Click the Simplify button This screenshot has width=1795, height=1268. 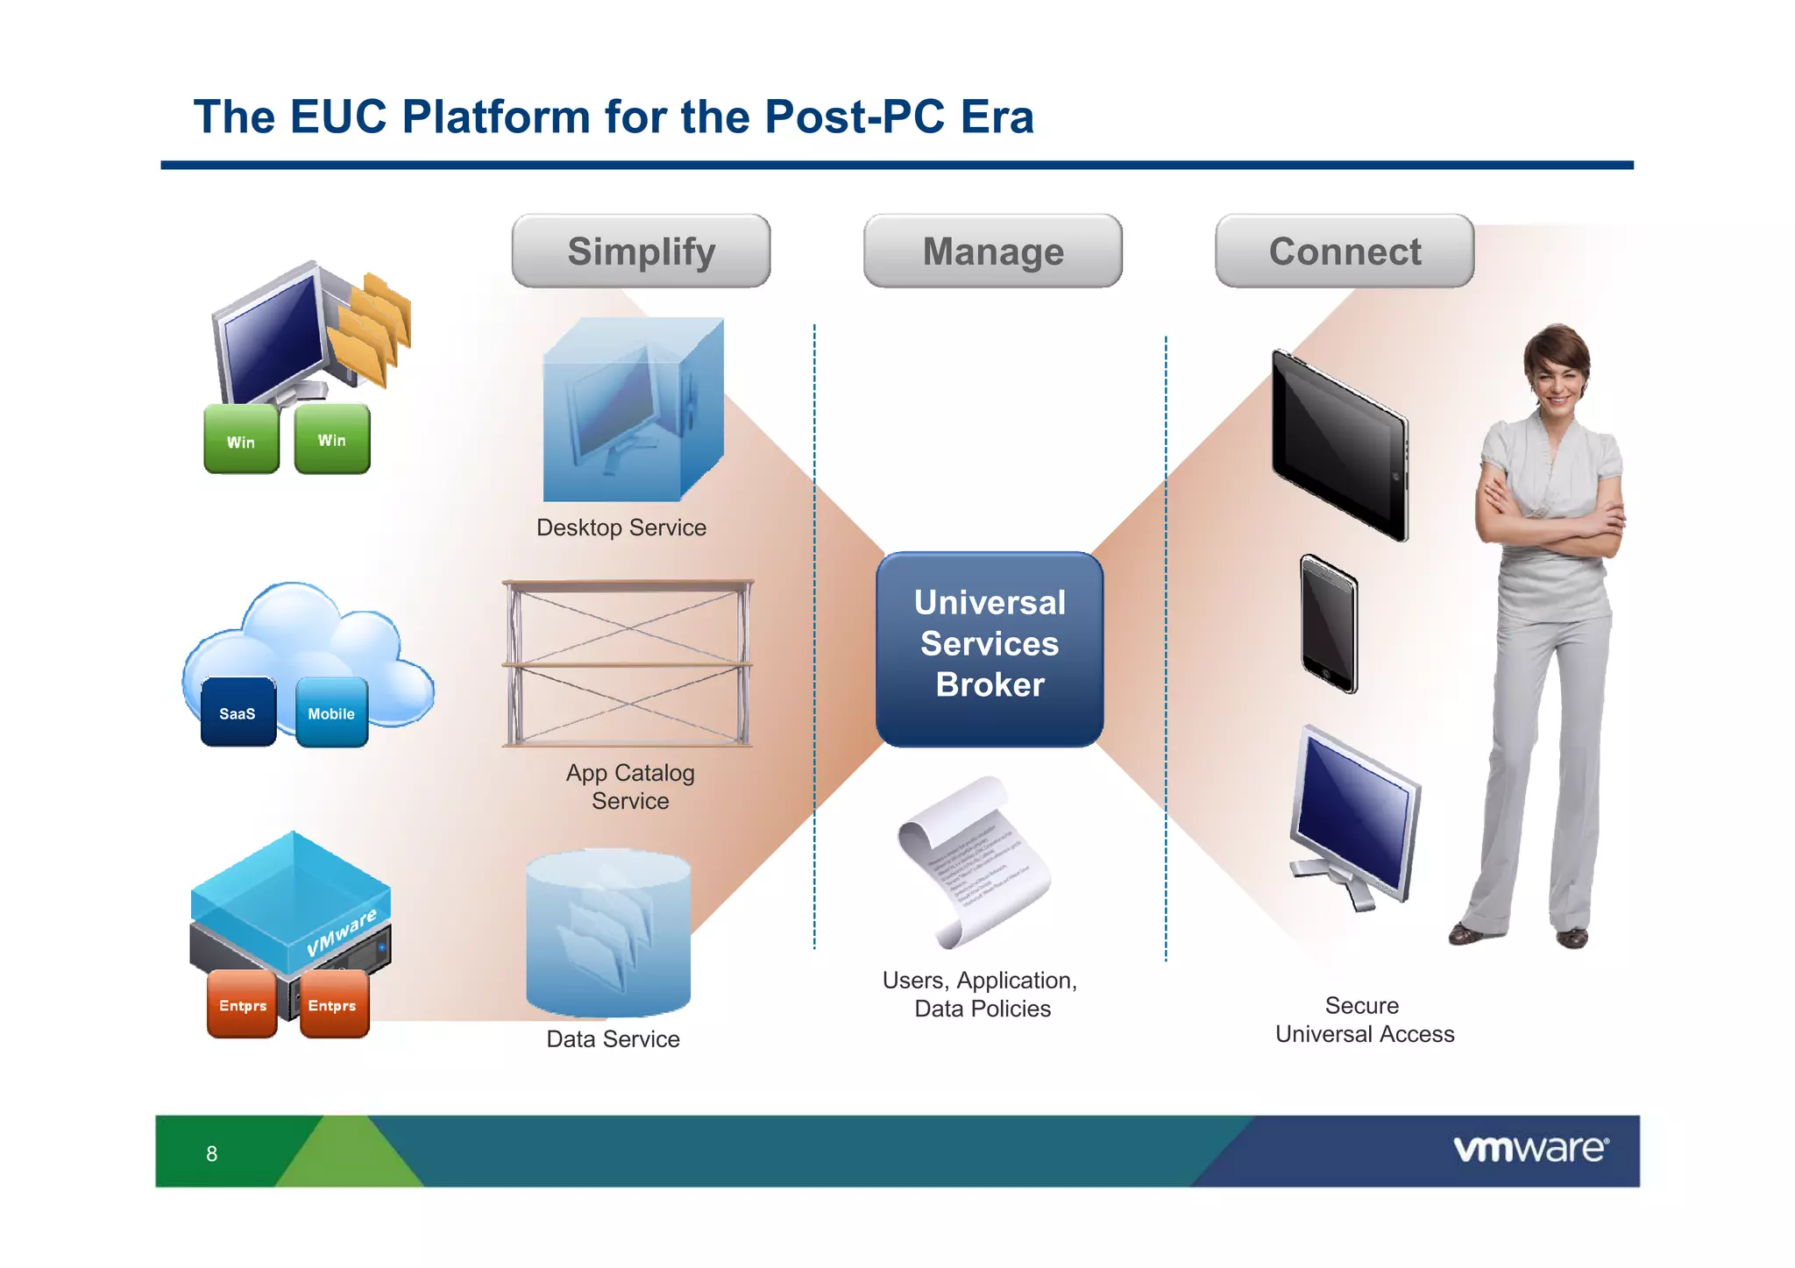(x=641, y=251)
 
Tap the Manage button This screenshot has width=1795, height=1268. (x=992, y=251)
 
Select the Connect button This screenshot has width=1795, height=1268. (x=1344, y=251)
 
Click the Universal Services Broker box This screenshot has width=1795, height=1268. (x=990, y=648)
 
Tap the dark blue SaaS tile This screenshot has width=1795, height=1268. (x=238, y=712)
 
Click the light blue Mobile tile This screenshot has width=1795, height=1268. (x=331, y=712)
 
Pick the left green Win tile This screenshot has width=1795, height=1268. (x=241, y=440)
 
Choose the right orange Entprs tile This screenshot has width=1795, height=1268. (x=333, y=1004)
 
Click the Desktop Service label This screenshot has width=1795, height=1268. (x=621, y=528)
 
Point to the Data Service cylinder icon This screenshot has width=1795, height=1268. (x=608, y=933)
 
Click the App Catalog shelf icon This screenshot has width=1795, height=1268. (x=628, y=663)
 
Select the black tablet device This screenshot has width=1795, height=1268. (x=1340, y=445)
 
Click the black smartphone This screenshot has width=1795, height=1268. (x=1329, y=624)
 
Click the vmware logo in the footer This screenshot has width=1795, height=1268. (x=1530, y=1149)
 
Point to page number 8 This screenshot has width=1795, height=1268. (x=211, y=1154)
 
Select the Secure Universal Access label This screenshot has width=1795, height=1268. (x=1364, y=1020)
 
